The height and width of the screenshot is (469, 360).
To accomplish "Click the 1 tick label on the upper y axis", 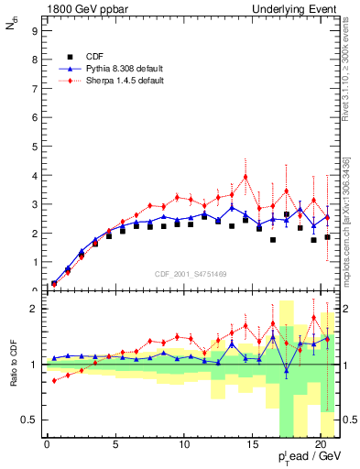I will [x=34, y=262].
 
